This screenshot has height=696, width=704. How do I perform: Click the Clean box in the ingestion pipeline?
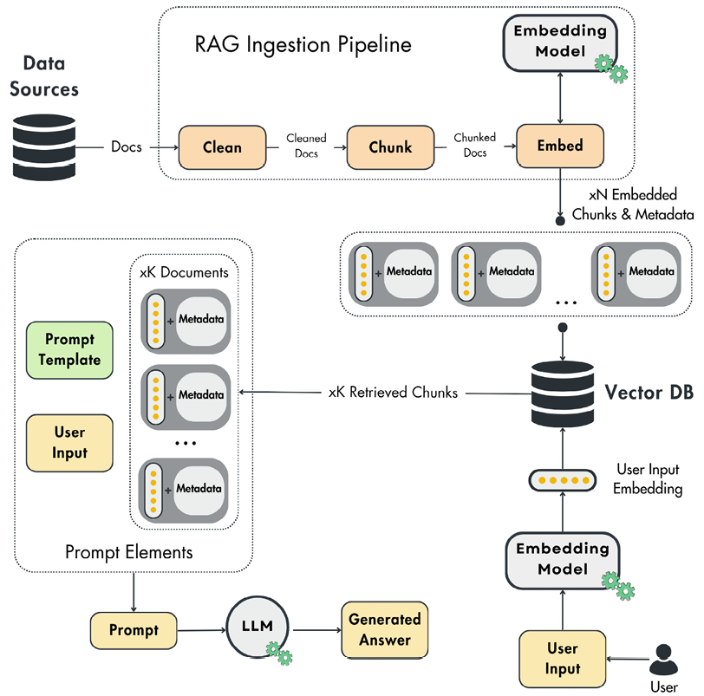pos(221,147)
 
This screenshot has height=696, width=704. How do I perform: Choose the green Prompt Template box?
pos(70,351)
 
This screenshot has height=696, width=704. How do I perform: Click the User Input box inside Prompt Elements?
pos(70,442)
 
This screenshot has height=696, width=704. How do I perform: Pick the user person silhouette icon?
pos(664,661)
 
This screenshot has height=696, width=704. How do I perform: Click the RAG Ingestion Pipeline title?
pos(303,44)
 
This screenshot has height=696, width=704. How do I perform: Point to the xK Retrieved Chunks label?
pos(393,394)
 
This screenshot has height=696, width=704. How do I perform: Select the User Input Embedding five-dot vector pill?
pos(564,479)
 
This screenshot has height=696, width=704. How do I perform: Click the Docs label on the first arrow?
pos(127,146)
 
